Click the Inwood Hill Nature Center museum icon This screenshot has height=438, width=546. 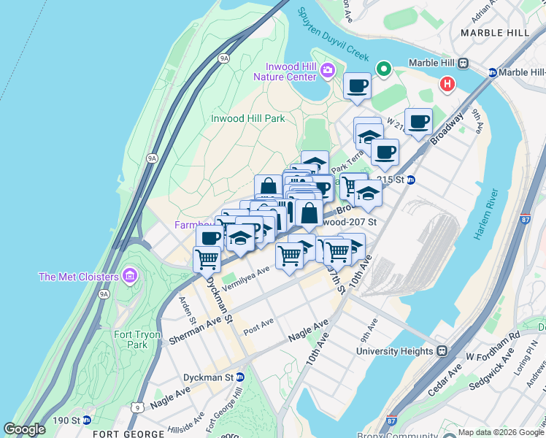(x=327, y=70)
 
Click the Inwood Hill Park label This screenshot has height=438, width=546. (x=247, y=118)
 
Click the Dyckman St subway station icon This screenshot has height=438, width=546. (x=240, y=377)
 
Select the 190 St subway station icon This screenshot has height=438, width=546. (x=87, y=420)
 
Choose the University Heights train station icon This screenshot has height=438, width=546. (x=442, y=351)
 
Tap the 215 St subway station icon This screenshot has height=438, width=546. (x=411, y=180)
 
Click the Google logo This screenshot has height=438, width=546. (x=25, y=429)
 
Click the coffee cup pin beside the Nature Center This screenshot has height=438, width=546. (x=357, y=85)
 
